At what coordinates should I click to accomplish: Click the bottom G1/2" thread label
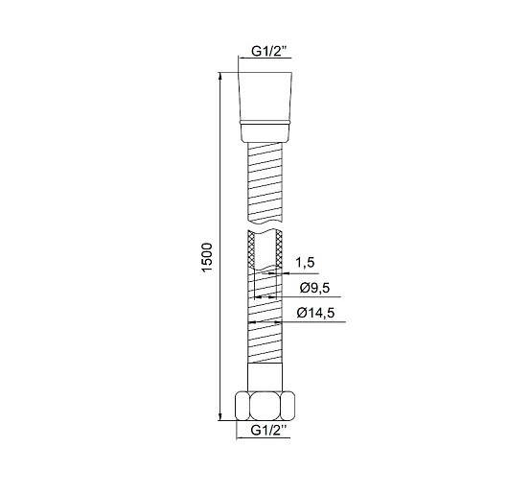(x=268, y=430)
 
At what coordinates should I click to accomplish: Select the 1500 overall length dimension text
(x=207, y=258)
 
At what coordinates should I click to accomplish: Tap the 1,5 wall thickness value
(x=305, y=262)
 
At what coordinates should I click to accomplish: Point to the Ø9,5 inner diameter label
(x=314, y=288)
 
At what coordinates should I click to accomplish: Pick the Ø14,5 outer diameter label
(x=315, y=313)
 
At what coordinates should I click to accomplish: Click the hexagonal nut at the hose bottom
(x=266, y=406)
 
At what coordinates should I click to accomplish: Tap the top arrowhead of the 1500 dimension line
(x=220, y=76)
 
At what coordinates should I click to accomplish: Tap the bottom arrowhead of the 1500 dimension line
(x=220, y=417)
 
